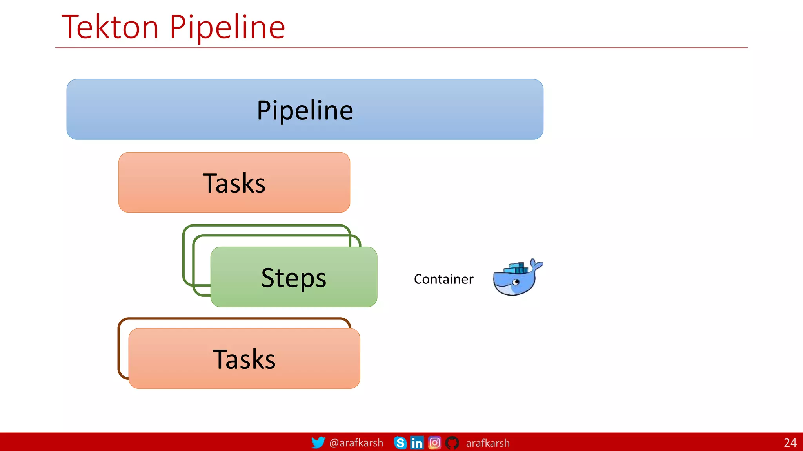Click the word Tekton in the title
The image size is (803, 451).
point(110,27)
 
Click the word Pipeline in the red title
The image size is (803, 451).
point(227,27)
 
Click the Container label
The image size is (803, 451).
point(443,279)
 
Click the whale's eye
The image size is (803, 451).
point(516,281)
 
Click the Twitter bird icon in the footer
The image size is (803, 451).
point(318,442)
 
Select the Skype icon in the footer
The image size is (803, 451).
point(400,443)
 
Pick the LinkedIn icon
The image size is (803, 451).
point(417,443)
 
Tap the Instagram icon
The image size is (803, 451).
point(434,443)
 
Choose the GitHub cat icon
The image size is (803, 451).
point(452,443)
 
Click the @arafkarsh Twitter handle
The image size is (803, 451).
point(356,443)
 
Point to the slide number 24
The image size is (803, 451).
point(790,443)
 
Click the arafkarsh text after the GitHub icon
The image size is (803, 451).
point(488,443)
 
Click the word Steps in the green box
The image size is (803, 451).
point(294,278)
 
